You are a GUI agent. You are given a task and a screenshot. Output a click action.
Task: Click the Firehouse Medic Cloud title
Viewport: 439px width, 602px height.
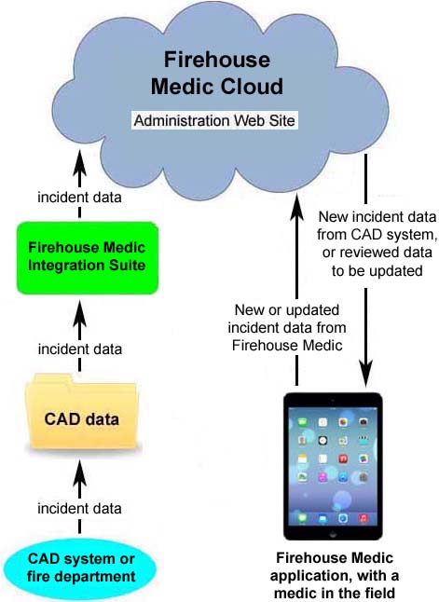pyautogui.click(x=217, y=73)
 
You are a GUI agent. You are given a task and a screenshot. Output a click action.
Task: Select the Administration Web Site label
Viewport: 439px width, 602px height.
pyautogui.click(x=214, y=120)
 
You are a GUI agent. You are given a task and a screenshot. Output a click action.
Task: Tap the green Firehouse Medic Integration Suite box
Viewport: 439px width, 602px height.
pyautogui.click(x=88, y=258)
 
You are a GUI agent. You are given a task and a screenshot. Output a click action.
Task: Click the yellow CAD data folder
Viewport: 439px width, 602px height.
pyautogui.click(x=81, y=412)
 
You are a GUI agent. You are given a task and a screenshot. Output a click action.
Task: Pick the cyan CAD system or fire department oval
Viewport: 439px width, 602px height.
pyautogui.click(x=81, y=568)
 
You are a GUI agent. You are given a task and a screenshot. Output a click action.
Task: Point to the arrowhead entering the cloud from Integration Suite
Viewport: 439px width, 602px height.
pyautogui.click(x=79, y=162)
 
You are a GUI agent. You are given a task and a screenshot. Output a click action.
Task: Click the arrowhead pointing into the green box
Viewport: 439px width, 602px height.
pyautogui.click(x=79, y=314)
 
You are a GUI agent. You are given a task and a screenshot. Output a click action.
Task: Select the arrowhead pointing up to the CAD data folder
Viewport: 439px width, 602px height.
pyautogui.click(x=79, y=473)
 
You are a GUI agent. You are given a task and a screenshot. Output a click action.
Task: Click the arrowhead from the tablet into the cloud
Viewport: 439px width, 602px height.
pyautogui.click(x=296, y=207)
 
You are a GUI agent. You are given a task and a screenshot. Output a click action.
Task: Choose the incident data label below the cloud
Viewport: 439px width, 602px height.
pyautogui.click(x=79, y=198)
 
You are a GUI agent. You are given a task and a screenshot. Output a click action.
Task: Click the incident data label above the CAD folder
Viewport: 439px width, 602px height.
pyautogui.click(x=80, y=349)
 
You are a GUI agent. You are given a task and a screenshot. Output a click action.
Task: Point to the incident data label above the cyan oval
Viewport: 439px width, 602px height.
pyautogui.click(x=79, y=508)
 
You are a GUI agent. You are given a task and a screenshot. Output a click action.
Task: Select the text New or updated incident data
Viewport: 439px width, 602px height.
pyautogui.click(x=287, y=319)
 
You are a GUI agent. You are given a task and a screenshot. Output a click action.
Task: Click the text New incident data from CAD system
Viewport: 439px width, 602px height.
pyautogui.click(x=377, y=226)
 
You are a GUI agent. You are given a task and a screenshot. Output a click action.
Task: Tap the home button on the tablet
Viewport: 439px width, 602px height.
pyautogui.click(x=333, y=534)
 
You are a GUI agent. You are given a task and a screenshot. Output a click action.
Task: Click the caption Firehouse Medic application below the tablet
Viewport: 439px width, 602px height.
pyautogui.click(x=335, y=567)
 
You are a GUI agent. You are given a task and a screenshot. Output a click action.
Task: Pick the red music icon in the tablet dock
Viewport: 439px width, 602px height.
pyautogui.click(x=363, y=518)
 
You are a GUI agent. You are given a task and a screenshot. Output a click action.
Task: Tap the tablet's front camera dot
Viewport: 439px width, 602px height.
pyautogui.click(x=333, y=400)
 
